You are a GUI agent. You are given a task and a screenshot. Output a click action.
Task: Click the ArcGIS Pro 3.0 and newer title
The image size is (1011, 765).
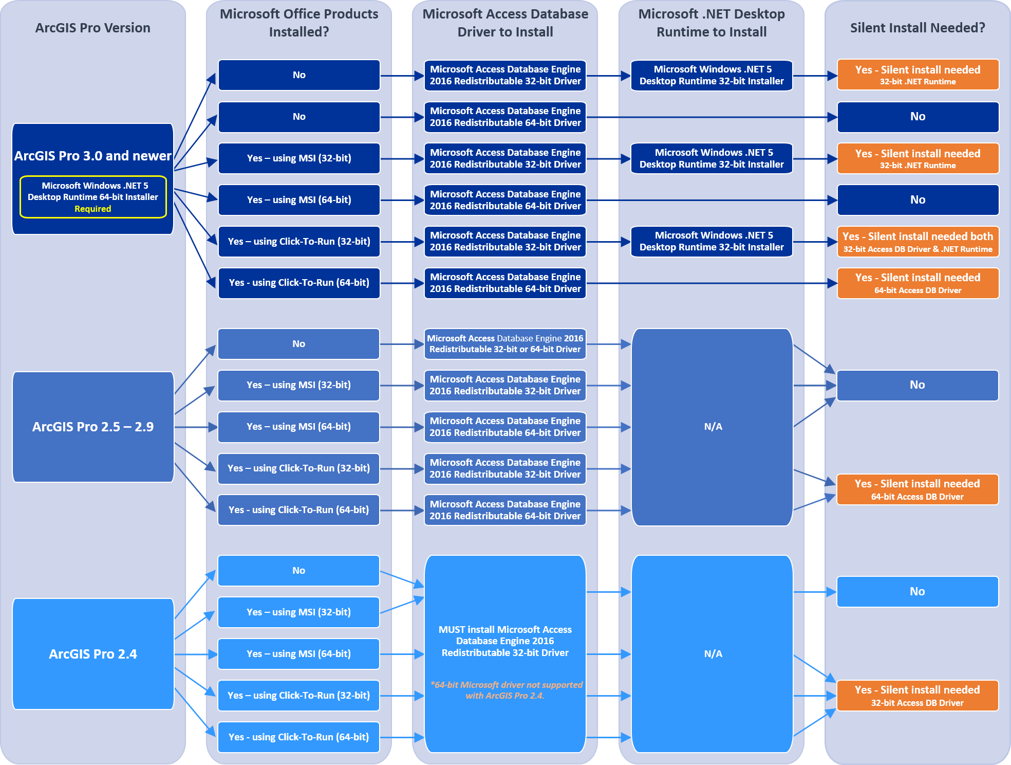(x=92, y=156)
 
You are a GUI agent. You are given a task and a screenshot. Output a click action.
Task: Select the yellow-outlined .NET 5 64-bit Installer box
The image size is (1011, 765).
(x=93, y=196)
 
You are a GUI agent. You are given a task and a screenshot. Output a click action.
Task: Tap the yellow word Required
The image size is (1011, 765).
(x=92, y=209)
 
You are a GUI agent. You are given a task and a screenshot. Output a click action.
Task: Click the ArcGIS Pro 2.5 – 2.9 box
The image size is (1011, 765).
(x=93, y=427)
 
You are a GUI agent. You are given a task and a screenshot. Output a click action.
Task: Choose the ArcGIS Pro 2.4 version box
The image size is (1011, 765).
(x=93, y=654)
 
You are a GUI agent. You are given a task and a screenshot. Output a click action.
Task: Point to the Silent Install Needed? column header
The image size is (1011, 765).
(x=918, y=28)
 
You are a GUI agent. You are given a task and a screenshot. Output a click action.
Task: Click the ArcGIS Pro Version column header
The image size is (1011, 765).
(x=92, y=28)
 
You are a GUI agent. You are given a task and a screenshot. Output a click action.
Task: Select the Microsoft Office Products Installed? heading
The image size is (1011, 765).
(x=299, y=23)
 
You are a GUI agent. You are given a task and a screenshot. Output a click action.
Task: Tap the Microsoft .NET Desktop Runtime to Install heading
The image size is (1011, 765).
(x=712, y=23)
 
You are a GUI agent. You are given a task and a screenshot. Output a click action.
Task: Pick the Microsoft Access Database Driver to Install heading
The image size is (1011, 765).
(x=505, y=23)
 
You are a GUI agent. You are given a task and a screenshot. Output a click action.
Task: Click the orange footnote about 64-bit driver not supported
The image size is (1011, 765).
(x=505, y=690)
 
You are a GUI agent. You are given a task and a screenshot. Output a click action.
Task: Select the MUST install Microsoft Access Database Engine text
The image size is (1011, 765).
(x=505, y=641)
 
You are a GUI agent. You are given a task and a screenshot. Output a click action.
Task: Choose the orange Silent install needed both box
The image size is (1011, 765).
(x=918, y=242)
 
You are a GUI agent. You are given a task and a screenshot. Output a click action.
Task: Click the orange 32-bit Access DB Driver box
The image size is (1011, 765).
(x=918, y=696)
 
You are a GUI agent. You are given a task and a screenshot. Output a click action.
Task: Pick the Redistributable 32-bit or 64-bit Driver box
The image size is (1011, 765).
(x=505, y=343)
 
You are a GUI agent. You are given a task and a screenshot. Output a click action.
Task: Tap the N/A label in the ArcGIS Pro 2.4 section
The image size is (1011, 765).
(x=713, y=653)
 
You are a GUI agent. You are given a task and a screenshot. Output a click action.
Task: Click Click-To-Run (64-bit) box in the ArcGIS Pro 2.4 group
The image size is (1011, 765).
(x=298, y=737)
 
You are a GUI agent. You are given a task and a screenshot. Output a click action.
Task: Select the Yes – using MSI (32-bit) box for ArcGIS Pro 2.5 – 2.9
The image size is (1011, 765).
(x=298, y=385)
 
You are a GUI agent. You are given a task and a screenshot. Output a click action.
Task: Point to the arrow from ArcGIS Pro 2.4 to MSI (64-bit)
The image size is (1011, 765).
(x=196, y=654)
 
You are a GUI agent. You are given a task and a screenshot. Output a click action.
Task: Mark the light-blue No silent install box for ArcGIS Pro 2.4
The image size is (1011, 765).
(x=918, y=592)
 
